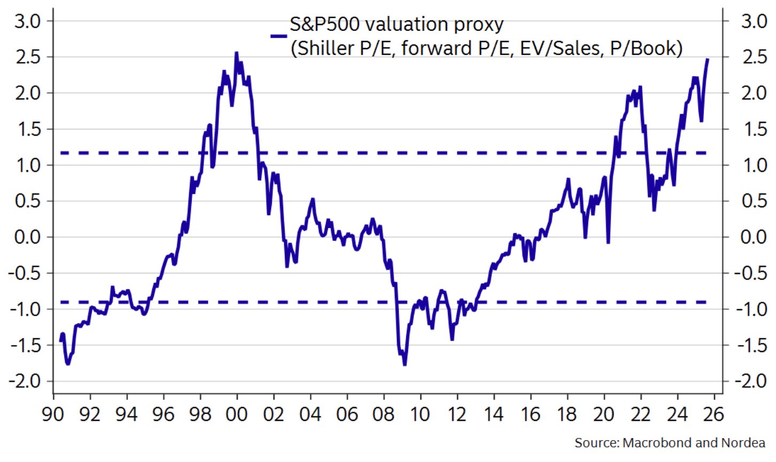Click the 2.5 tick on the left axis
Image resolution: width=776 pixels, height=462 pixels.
(28, 57)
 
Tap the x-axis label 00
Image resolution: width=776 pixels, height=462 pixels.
(237, 414)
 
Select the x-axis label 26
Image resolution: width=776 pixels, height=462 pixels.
(714, 414)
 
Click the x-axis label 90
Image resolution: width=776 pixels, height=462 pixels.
(53, 414)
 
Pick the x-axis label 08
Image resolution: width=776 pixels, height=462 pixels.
(383, 414)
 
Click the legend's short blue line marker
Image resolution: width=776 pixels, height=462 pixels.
(279, 36)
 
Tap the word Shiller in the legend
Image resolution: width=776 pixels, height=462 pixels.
(321, 49)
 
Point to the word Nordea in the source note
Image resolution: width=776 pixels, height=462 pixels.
(743, 443)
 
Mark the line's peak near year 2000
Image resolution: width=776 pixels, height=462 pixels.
(236, 53)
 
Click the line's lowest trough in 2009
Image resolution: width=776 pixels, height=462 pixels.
(404, 364)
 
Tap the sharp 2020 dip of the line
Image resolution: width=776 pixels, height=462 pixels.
(608, 242)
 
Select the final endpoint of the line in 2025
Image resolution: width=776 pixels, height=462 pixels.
(708, 59)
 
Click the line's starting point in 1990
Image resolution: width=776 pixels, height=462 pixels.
(61, 340)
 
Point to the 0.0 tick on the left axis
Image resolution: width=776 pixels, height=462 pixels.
(28, 237)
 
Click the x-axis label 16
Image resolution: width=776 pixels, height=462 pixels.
(530, 414)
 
